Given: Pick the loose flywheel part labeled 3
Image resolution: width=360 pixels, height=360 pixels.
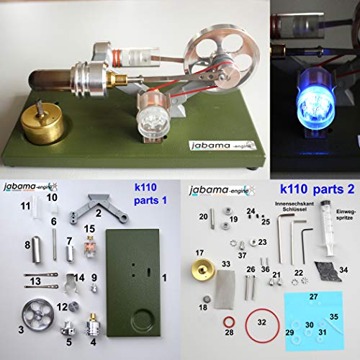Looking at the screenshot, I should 33,318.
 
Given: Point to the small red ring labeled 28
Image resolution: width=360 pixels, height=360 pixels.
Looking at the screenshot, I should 228,320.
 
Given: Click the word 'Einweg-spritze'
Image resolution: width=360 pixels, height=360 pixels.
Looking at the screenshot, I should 333,210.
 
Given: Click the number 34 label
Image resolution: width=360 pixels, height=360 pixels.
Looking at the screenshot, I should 343,269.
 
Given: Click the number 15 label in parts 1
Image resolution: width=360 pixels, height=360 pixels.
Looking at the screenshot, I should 90,229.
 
